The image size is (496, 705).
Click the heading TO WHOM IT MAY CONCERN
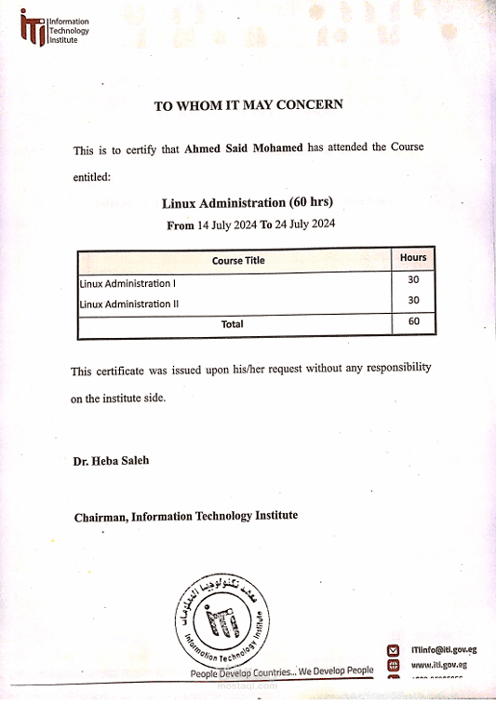(248, 105)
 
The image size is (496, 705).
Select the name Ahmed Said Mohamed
(244, 148)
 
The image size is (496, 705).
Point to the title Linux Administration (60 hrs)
(248, 202)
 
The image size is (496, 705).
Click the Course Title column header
(238, 261)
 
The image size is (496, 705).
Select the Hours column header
(413, 257)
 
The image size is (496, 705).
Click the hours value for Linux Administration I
(413, 279)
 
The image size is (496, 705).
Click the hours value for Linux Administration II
(413, 300)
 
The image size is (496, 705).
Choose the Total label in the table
(232, 324)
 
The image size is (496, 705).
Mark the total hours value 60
(413, 322)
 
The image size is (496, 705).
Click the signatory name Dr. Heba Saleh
(111, 460)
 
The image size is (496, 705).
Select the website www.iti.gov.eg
(438, 665)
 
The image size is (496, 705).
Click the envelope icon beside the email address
(394, 650)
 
